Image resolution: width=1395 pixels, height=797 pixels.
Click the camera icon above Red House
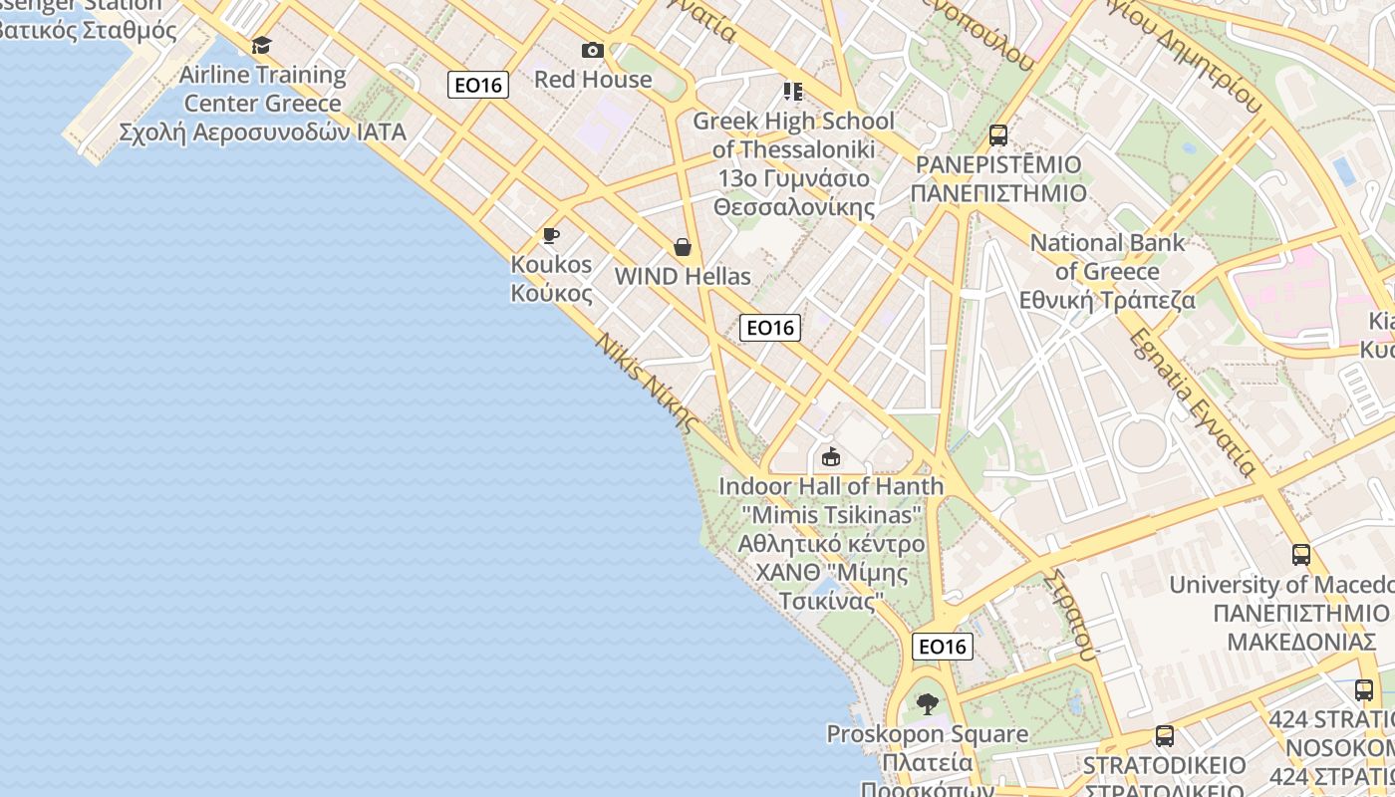[x=593, y=50]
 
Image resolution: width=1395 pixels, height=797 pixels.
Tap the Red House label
[x=593, y=79]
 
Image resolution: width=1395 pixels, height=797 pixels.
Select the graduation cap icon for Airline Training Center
[x=261, y=45]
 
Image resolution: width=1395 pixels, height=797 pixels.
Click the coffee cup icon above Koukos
[x=550, y=236]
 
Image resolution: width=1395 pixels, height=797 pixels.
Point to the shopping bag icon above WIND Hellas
[x=683, y=246]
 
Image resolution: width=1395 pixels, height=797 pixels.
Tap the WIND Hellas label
[x=683, y=276]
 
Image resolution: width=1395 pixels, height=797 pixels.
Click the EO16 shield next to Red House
[x=478, y=85]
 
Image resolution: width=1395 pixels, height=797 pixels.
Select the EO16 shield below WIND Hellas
[x=770, y=327]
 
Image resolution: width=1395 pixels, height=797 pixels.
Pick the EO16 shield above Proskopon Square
[x=942, y=647]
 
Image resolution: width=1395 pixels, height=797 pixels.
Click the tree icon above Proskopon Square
[x=928, y=704]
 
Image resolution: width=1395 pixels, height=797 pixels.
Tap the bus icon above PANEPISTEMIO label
[x=997, y=135]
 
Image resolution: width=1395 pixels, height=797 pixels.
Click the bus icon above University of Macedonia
[x=1301, y=555]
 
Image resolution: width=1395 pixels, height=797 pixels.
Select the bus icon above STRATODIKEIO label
[x=1164, y=736]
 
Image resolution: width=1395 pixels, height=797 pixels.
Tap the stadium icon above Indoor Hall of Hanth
[x=830, y=457]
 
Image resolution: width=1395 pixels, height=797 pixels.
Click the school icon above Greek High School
[x=793, y=92]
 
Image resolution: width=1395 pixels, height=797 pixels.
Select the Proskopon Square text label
[x=927, y=734]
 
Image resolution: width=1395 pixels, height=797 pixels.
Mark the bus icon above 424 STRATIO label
[x=1364, y=689]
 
